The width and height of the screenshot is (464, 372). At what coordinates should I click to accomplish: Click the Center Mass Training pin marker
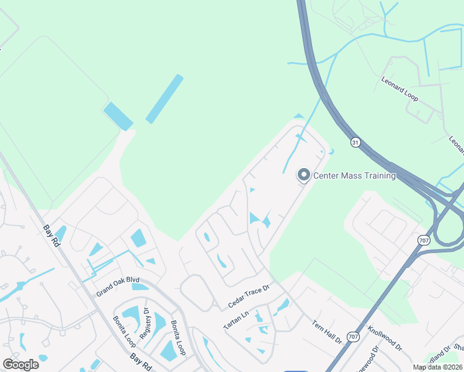point(304,175)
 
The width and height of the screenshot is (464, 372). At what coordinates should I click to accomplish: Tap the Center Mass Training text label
point(354,176)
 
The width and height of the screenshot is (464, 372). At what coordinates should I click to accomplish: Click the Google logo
point(20,364)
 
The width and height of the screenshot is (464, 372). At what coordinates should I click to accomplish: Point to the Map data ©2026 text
point(437,367)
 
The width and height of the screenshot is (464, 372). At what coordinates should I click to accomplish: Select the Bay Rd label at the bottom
point(143,361)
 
